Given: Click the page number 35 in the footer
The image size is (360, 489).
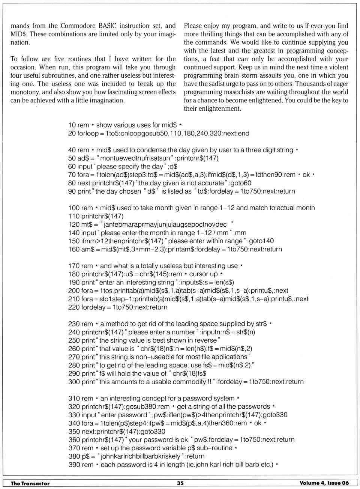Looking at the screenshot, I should tap(180, 483).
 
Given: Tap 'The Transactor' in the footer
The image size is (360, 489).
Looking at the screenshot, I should tap(30, 483).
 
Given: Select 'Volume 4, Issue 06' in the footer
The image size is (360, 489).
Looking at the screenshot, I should tap(324, 483).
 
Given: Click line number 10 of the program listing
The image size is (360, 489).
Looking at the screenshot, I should tap(72, 125).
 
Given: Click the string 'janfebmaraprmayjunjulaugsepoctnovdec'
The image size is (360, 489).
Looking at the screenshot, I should tap(165, 224).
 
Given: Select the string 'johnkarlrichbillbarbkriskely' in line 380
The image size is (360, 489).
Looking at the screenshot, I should tap(141, 456).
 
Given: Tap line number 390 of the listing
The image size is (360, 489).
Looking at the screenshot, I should tap(74, 464).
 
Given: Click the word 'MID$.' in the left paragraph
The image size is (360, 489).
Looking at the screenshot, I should tap(19, 34).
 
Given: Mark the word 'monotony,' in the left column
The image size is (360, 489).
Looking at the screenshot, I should tap(25, 92).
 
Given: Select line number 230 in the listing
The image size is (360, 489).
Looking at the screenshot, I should tap(74, 323).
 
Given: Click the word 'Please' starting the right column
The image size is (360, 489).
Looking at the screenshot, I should tap(193, 26).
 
